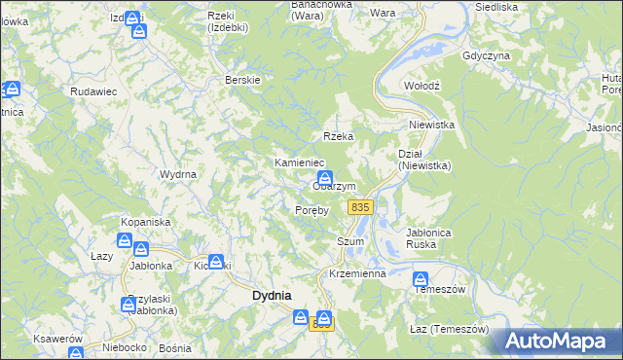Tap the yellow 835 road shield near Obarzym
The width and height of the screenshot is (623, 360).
pos(360,207)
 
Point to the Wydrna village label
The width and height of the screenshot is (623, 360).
pos(178,174)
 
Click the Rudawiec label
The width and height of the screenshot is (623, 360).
pos(93,90)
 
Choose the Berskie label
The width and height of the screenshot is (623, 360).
pos(242,80)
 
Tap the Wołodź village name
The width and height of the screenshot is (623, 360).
pos(422,86)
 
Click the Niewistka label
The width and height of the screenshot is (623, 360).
pos(432,125)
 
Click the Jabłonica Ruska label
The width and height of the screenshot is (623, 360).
pos(431,238)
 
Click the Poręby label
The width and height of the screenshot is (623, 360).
pos(312,209)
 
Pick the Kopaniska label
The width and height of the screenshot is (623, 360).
pos(146,222)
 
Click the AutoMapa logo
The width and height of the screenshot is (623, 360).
pos(559,342)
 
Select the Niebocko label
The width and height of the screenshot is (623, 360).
pos(122,347)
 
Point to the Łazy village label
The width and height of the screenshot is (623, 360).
pos(102,256)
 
